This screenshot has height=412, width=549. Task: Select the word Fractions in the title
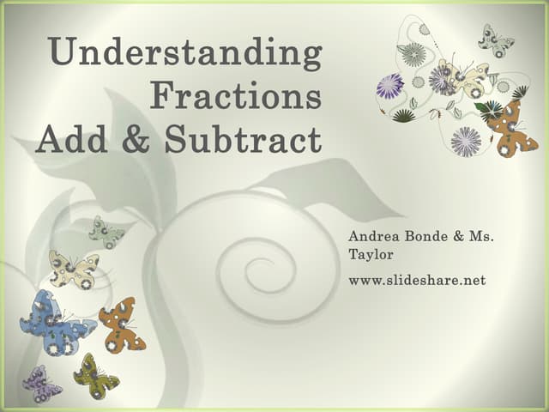click(x=236, y=95)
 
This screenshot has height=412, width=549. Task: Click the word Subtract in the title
click(x=243, y=138)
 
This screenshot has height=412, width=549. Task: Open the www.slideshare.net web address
click(x=417, y=280)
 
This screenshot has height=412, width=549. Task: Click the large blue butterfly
click(x=56, y=323)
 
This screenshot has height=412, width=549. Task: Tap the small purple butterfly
click(x=41, y=384)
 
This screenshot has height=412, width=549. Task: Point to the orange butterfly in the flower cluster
click(x=510, y=129)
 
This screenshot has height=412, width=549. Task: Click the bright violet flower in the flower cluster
click(x=389, y=86)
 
